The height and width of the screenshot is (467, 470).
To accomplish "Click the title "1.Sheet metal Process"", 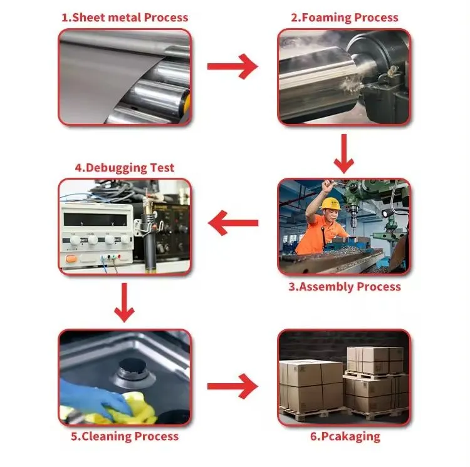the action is click(125, 18).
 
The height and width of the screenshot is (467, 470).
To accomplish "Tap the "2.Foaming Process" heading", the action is click(345, 18).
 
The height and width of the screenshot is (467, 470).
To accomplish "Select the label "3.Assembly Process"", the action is click(345, 287).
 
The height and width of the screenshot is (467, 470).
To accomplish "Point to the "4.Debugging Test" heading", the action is click(125, 168).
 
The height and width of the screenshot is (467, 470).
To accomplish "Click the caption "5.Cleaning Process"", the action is click(125, 436).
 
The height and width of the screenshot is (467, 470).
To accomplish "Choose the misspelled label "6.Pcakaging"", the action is click(345, 436).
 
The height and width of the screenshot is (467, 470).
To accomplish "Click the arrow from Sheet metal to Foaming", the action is click(232, 66).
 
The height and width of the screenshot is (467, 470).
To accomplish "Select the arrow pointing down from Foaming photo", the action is click(344, 153).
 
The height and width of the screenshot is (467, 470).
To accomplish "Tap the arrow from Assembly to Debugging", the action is click(233, 223).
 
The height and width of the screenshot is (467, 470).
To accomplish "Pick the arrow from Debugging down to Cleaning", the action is click(125, 302).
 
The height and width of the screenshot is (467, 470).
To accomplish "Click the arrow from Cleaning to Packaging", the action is click(232, 386).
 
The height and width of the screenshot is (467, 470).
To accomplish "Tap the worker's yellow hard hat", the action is click(330, 203).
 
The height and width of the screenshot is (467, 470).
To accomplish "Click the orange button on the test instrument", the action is click(71, 259).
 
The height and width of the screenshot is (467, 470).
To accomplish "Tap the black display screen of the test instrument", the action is click(95, 220).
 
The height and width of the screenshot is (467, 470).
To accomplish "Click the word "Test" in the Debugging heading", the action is click(162, 168).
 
